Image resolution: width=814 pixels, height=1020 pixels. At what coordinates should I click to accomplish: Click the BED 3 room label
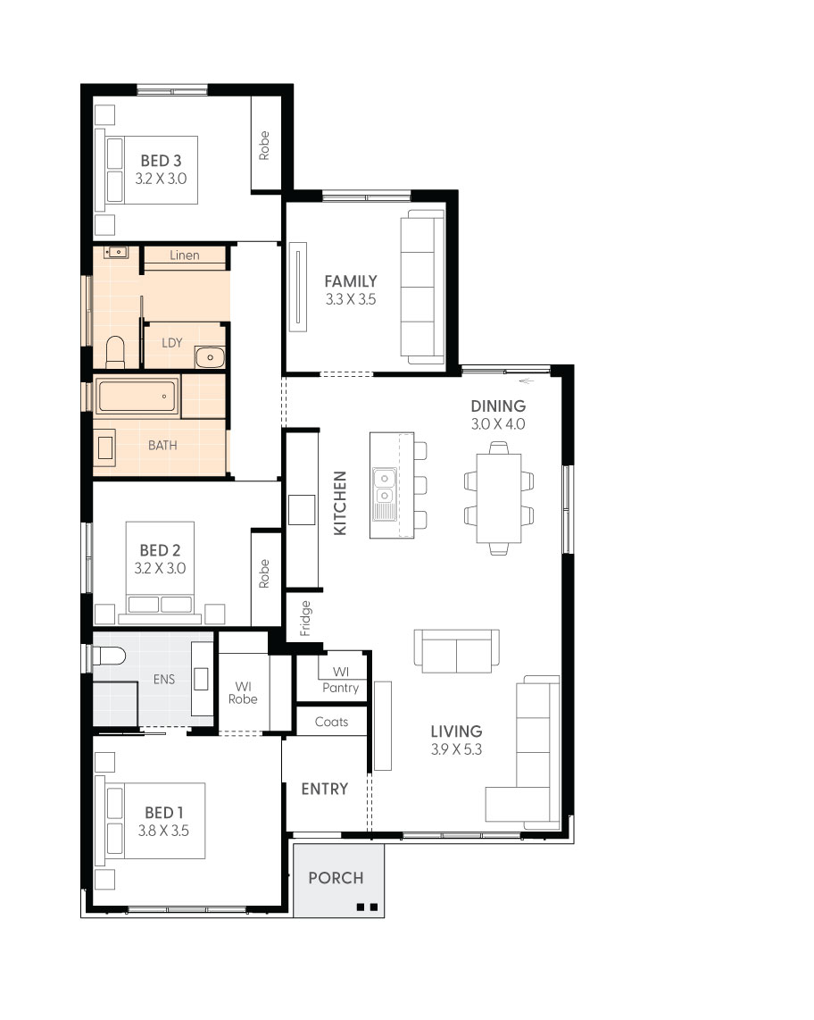pyautogui.click(x=161, y=161)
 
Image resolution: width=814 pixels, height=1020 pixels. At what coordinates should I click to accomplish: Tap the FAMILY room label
pyautogui.click(x=350, y=281)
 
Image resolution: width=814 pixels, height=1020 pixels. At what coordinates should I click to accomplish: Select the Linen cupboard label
pyautogui.click(x=185, y=255)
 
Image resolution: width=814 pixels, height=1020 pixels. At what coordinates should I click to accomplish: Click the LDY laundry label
pyautogui.click(x=172, y=343)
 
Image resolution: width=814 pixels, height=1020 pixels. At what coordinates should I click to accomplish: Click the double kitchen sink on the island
pyautogui.click(x=385, y=488)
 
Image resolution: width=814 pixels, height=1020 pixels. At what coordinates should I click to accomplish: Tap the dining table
pyautogui.click(x=499, y=497)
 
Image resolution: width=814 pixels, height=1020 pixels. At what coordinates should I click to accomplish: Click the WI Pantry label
pyautogui.click(x=340, y=680)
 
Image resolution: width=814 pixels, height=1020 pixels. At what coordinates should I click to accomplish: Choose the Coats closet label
pyautogui.click(x=331, y=722)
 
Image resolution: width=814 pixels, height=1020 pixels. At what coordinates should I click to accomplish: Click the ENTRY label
pyautogui.click(x=324, y=789)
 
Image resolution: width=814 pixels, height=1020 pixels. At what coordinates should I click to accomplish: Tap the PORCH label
pyautogui.click(x=336, y=878)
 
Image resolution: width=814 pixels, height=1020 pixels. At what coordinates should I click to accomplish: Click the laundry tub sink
pyautogui.click(x=210, y=357)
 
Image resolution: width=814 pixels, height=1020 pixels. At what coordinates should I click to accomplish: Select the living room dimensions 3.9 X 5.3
pyautogui.click(x=456, y=749)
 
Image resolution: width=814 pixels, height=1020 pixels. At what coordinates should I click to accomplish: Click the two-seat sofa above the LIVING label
pyautogui.click(x=456, y=652)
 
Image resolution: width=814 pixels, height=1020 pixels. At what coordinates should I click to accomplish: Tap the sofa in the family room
pyautogui.click(x=421, y=288)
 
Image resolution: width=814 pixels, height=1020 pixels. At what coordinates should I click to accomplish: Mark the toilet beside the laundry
pyautogui.click(x=115, y=351)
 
